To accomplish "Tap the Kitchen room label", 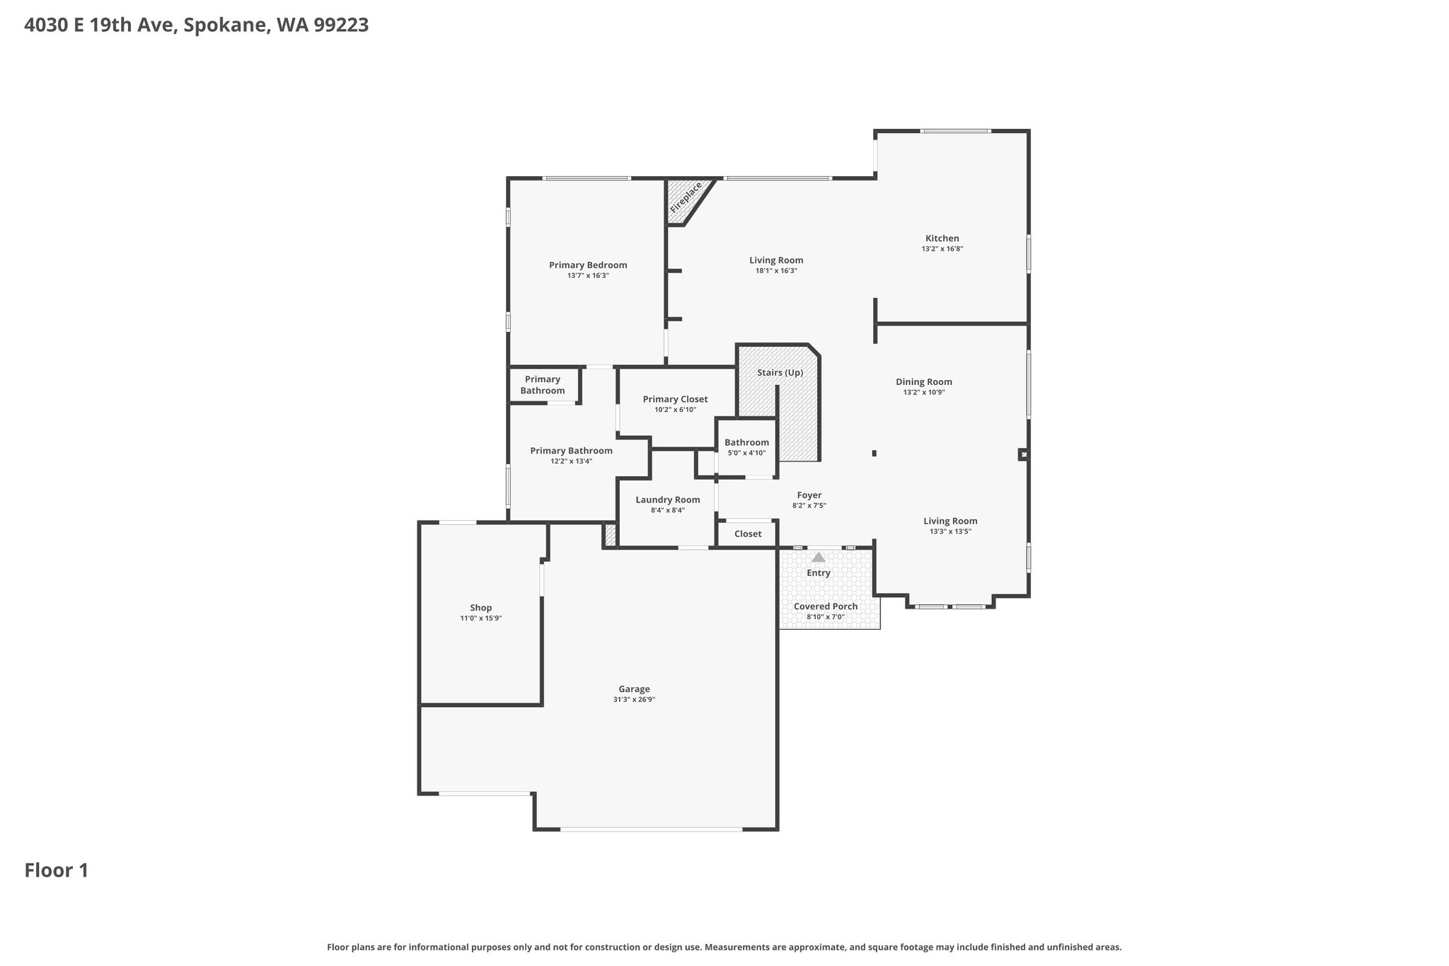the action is pyautogui.click(x=942, y=238).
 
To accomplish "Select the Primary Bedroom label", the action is pyautogui.click(x=588, y=265).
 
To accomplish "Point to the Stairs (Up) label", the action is pyautogui.click(x=780, y=372).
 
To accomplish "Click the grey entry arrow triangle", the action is pyautogui.click(x=819, y=558).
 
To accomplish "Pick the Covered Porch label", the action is pyautogui.click(x=826, y=606).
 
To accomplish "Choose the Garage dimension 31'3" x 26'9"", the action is pyautogui.click(x=634, y=700).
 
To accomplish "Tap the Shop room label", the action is pyautogui.click(x=481, y=608).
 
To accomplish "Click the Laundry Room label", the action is pyautogui.click(x=668, y=500).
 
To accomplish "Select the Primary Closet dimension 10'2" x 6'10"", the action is pyautogui.click(x=676, y=410).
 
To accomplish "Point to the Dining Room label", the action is pyautogui.click(x=924, y=382).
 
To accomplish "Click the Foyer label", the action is pyautogui.click(x=809, y=495).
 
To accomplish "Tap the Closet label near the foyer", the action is pyautogui.click(x=748, y=534).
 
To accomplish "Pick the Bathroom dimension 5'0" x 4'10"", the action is pyautogui.click(x=746, y=453).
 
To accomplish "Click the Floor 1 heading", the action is pyautogui.click(x=57, y=870).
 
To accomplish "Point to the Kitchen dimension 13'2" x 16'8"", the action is pyautogui.click(x=942, y=249).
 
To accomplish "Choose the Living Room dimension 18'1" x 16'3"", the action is pyautogui.click(x=776, y=271).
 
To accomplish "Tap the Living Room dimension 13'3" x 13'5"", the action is pyautogui.click(x=950, y=531).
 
